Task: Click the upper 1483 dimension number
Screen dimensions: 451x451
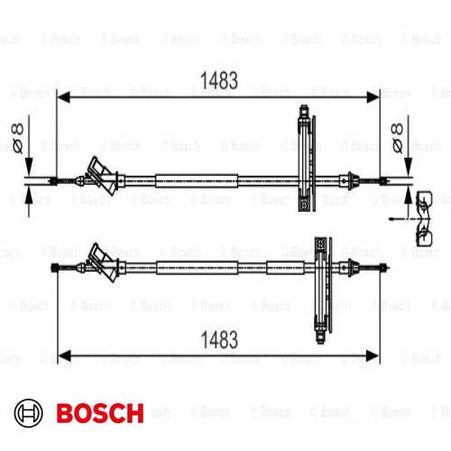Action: click(x=219, y=80)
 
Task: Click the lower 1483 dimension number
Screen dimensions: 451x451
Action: click(x=219, y=340)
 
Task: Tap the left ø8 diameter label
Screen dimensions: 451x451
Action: click(x=17, y=138)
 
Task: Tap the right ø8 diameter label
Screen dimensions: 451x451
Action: click(x=397, y=138)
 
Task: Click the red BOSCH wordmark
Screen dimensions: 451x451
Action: click(x=100, y=413)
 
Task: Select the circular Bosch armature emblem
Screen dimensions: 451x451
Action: click(x=28, y=413)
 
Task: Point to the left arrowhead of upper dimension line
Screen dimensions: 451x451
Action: click(x=64, y=97)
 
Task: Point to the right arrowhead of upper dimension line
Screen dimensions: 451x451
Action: click(x=373, y=97)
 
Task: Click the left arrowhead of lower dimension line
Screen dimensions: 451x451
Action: click(x=64, y=356)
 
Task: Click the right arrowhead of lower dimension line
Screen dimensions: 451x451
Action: click(x=373, y=356)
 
